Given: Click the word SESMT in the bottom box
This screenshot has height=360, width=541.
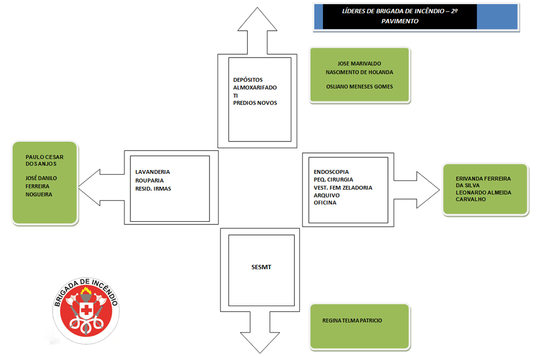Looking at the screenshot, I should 261,267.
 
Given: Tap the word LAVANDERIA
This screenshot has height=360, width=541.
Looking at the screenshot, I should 153,172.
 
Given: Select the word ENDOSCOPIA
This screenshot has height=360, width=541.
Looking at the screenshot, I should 331,172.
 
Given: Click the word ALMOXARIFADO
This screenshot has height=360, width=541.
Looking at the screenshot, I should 255,88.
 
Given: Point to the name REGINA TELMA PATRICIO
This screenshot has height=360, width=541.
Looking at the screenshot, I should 352,320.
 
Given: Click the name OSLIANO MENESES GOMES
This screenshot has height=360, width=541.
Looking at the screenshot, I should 359,87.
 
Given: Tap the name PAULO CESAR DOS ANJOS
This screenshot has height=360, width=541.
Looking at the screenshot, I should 44,161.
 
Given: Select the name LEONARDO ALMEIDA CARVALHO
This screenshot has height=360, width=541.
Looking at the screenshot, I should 483,196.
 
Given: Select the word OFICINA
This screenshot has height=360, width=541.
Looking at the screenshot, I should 325,203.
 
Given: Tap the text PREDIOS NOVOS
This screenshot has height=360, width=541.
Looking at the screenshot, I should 255,103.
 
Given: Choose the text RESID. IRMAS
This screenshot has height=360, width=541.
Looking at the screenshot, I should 153,188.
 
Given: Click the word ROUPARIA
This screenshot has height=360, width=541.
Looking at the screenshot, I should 149,181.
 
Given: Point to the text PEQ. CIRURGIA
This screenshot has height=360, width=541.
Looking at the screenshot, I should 333,180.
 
